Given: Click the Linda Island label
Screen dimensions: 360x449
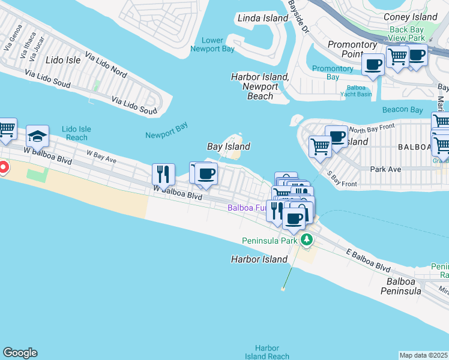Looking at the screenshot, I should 263,18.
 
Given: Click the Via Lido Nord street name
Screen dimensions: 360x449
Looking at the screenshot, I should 106,65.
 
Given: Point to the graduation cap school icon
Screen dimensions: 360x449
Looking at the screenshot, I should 37,137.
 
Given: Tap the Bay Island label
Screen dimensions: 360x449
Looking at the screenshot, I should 228,146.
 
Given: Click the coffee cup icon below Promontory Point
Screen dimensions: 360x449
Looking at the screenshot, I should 373,64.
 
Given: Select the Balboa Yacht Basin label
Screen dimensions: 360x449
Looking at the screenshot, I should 355,91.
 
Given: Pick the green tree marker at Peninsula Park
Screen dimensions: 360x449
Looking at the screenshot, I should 307,240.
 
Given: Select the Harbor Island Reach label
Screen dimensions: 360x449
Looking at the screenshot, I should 267,352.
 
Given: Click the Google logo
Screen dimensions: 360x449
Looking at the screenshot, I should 20,353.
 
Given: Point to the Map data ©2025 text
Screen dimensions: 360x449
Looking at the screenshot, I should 424,355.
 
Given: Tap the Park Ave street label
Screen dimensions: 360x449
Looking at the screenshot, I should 385,170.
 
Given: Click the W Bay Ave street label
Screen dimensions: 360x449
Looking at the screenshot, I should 101,156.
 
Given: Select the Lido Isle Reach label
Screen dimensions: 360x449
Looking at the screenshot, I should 76,133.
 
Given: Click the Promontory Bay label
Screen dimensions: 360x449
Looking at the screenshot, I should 333,73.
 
